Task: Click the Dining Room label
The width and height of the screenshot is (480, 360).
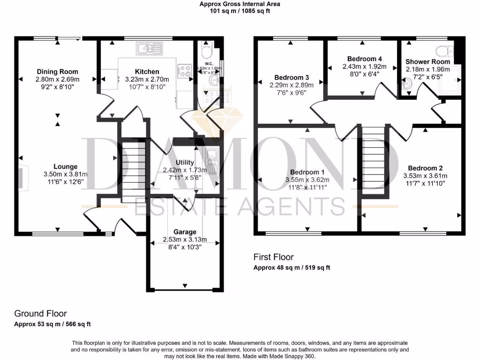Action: [x=58, y=72]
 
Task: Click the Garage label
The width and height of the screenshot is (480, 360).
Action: [x=185, y=232]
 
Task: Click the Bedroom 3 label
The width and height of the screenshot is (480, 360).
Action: [x=292, y=77]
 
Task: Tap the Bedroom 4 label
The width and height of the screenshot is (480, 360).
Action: [x=364, y=59]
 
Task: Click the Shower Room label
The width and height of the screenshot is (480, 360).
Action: [x=427, y=61]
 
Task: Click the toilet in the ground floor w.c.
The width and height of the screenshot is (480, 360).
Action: [x=207, y=51]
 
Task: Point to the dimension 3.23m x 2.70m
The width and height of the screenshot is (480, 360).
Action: [x=147, y=79]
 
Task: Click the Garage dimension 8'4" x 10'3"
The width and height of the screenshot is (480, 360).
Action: [x=185, y=247]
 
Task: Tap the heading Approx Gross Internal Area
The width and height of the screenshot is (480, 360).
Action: [x=240, y=4]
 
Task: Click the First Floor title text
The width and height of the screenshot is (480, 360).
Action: [x=273, y=257]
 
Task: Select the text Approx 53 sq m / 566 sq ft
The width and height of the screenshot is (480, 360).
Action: [x=52, y=324]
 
